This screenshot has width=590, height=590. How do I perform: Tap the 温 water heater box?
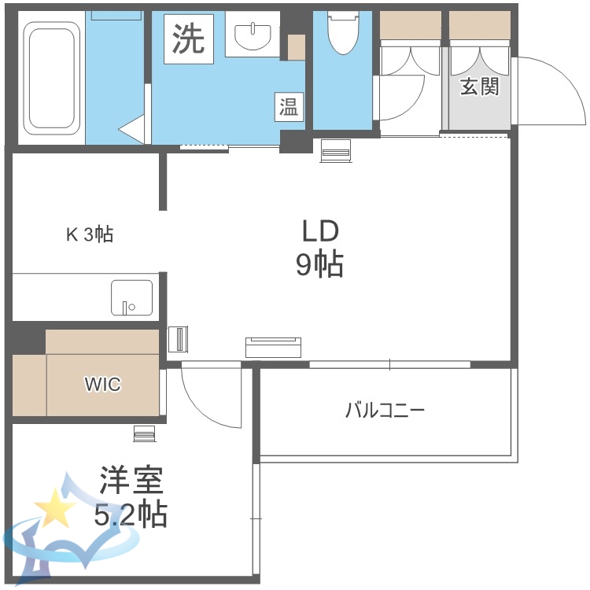[x=289, y=106]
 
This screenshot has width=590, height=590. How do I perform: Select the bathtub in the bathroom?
[x=52, y=78]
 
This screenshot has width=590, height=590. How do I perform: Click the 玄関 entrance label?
[x=479, y=87]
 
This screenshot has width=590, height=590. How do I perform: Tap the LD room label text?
[x=319, y=230]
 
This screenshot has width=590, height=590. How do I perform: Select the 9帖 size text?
[x=319, y=266]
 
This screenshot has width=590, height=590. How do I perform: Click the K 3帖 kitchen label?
[x=88, y=234]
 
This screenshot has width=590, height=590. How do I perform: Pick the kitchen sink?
[x=131, y=297]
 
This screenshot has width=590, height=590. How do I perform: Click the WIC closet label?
[x=103, y=385]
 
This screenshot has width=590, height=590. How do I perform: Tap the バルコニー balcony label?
[x=385, y=410]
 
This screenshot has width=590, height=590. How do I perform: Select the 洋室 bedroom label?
[x=131, y=480]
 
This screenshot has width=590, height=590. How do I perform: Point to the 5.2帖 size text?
[x=131, y=515]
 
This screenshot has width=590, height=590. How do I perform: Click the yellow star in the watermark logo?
[x=56, y=507]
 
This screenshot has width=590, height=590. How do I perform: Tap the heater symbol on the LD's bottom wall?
[x=273, y=346]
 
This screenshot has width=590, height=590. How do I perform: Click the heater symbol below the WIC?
[x=145, y=433]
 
